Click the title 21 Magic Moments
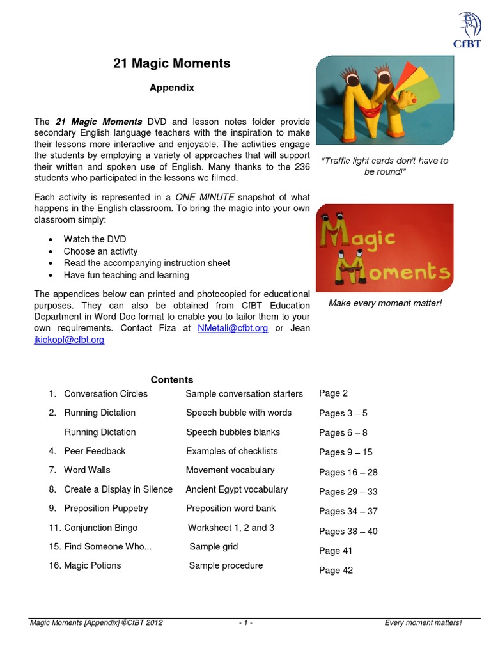[x=171, y=63]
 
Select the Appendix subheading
[x=172, y=88]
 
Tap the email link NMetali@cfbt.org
[x=233, y=328]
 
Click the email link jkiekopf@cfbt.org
[x=69, y=340]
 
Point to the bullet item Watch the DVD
[x=95, y=239]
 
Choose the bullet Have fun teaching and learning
[x=126, y=275]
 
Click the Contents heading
[x=172, y=379]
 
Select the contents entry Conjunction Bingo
[x=100, y=528]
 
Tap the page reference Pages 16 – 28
[x=348, y=473]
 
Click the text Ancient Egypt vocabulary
[x=237, y=489]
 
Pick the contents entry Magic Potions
[x=92, y=565]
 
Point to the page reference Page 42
[x=336, y=571]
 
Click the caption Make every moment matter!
[x=385, y=303]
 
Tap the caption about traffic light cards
[x=384, y=166]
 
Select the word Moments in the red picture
[x=396, y=272]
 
